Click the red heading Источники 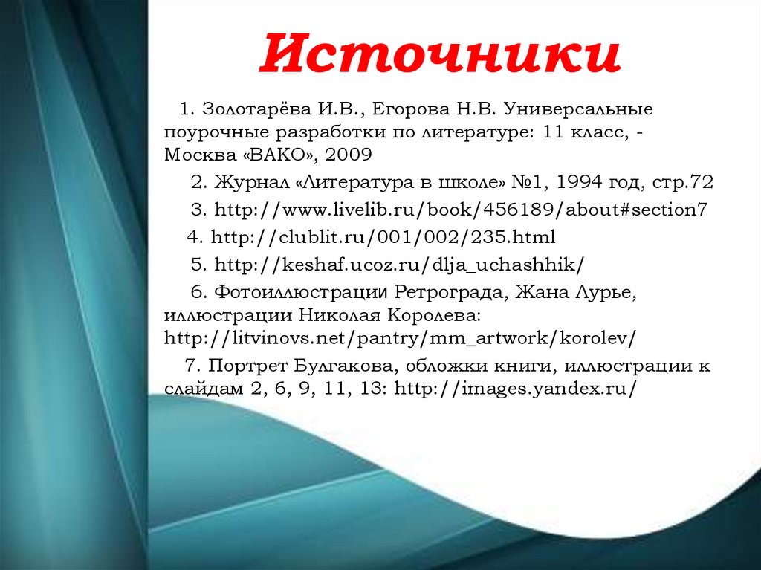pos(440,53)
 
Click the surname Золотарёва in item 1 pos(257,109)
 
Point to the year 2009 pos(349,155)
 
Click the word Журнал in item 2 pos(251,183)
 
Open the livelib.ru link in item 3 pos(461,210)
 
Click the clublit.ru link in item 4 pos(383,237)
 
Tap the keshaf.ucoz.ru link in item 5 pos(399,265)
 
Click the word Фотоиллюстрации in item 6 pos(301,292)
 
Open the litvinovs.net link pos(400,338)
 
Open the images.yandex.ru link pos(514,389)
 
